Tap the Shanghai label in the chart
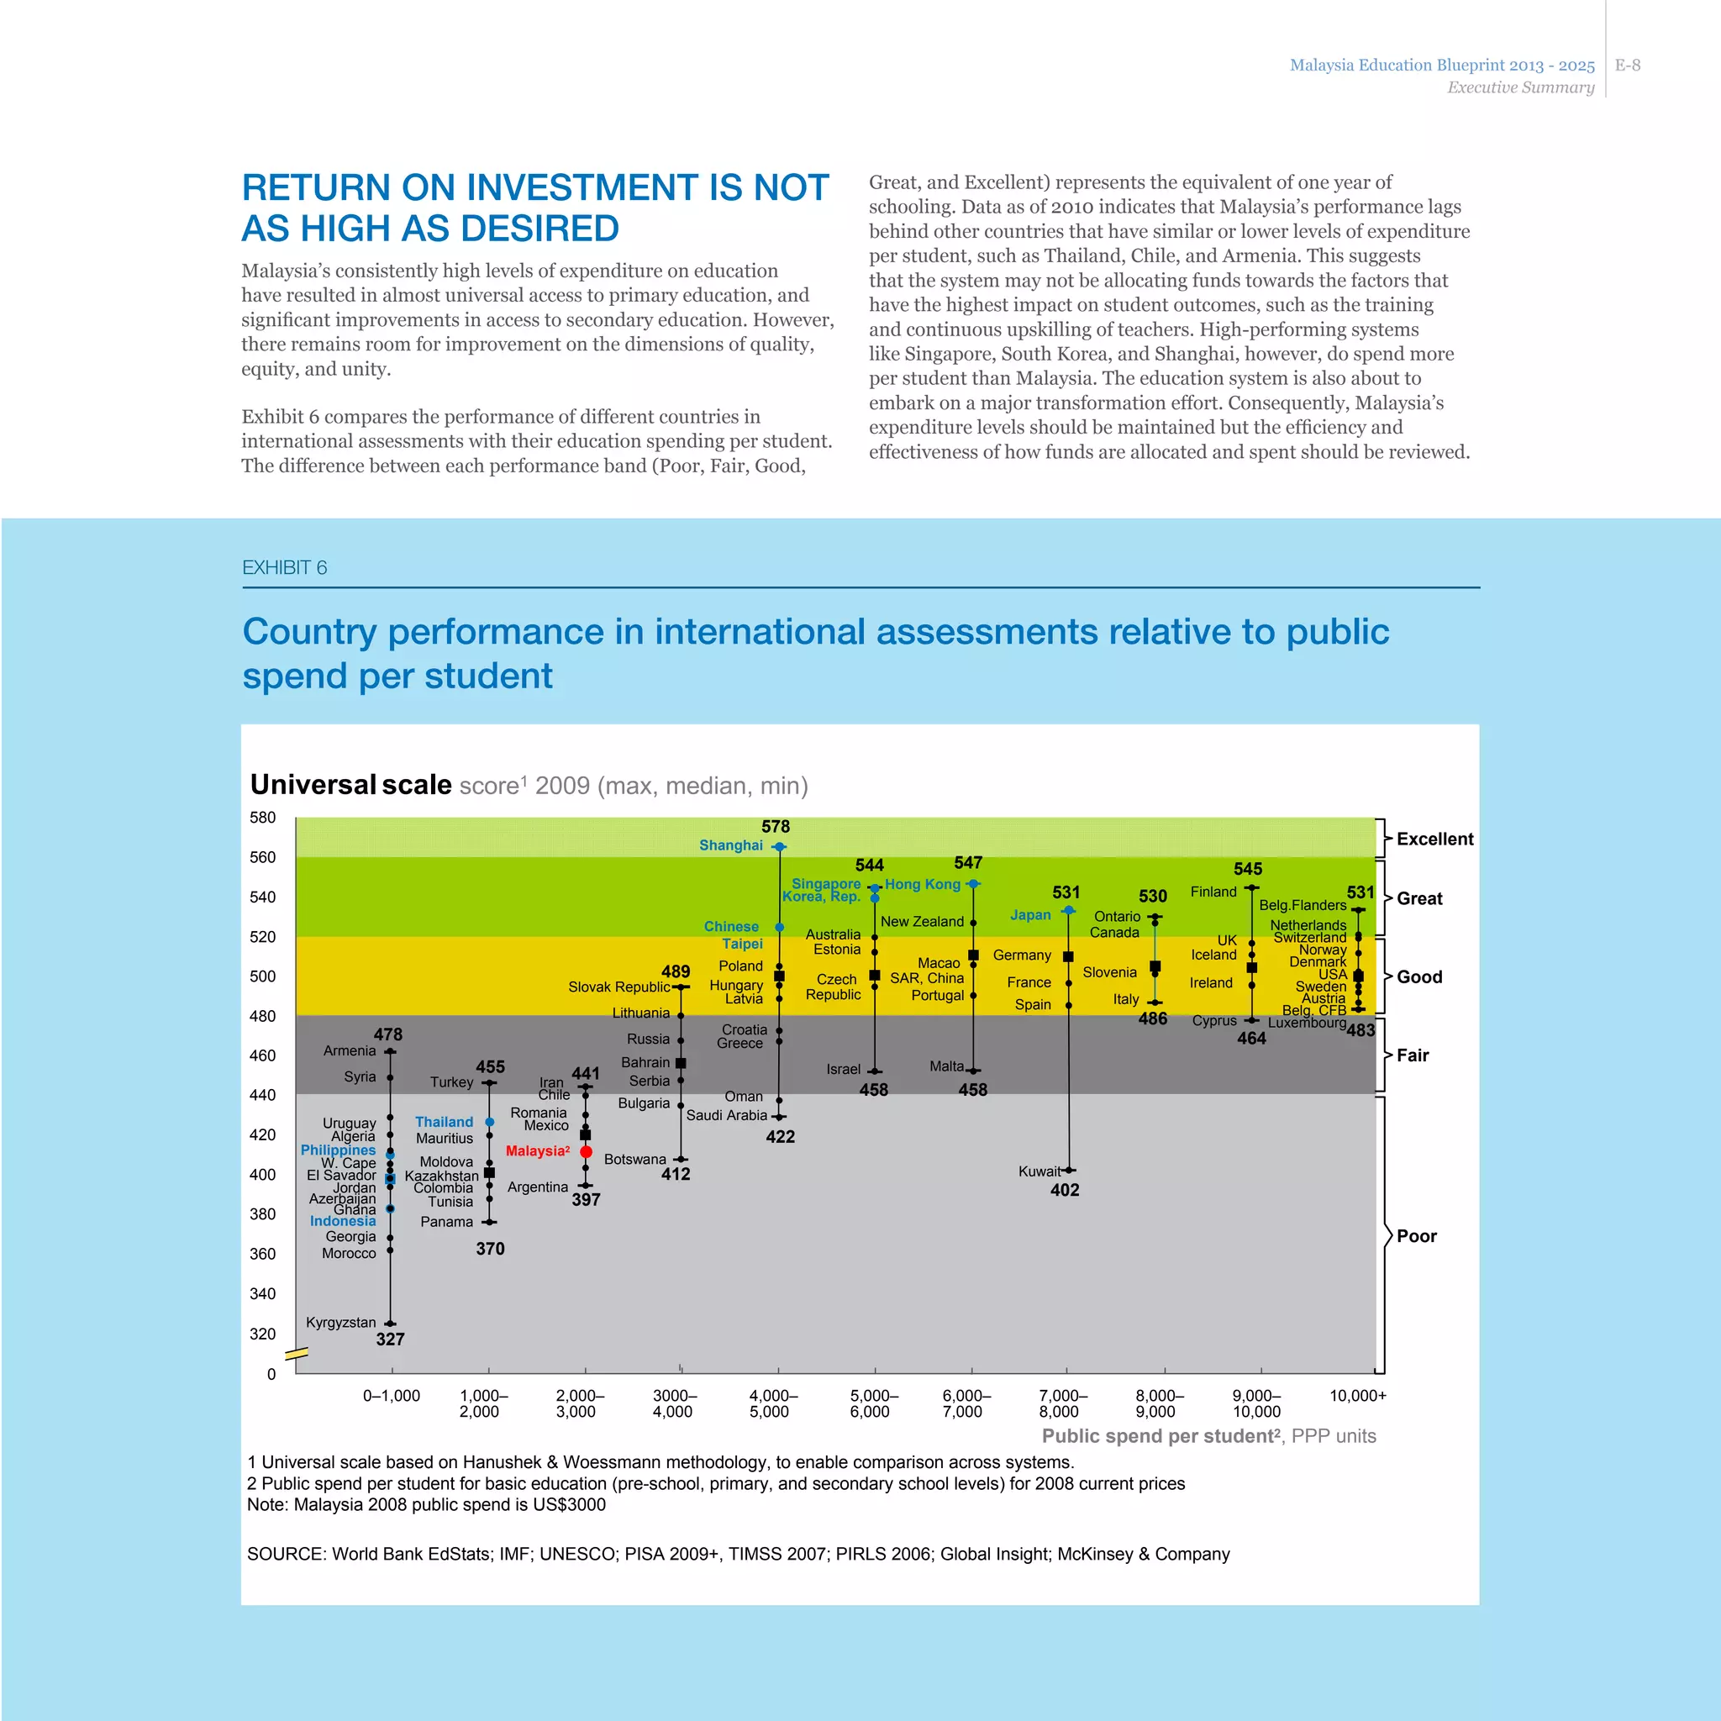[730, 845]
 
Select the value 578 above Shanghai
[775, 827]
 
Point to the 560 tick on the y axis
[262, 857]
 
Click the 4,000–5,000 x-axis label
[772, 1403]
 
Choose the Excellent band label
[1434, 839]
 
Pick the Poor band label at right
[1416, 1235]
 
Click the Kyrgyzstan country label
[340, 1322]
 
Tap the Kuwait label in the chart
[1039, 1171]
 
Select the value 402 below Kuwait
[1065, 1190]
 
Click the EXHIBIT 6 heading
[284, 567]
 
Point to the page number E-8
[1628, 65]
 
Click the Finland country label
[1213, 892]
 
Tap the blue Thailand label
[444, 1123]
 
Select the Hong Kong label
[922, 884]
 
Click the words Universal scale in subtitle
[351, 785]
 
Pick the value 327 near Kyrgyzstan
[390, 1339]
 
